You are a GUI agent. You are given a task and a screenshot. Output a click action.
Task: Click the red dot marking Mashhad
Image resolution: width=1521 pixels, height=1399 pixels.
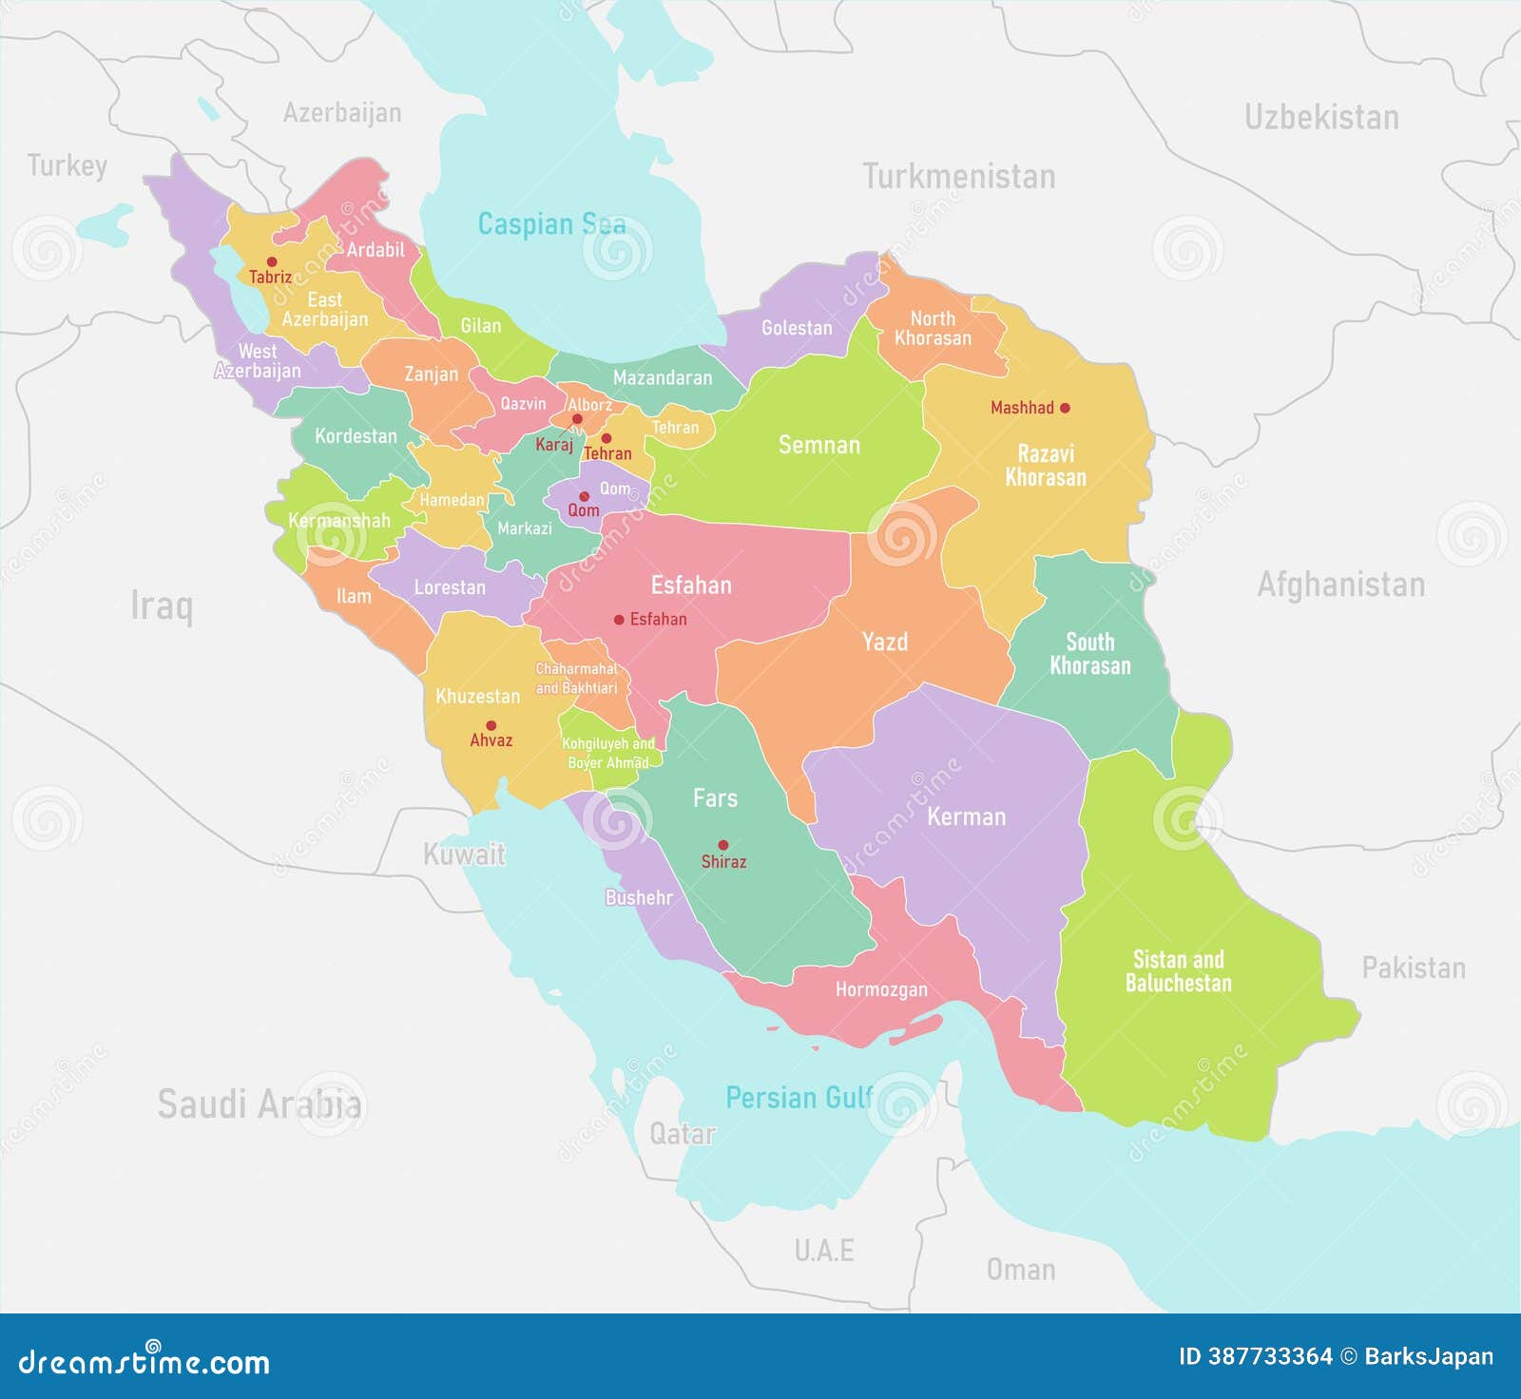(x=1065, y=408)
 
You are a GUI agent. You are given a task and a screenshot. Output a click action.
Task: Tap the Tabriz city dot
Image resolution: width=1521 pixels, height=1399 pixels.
(x=272, y=261)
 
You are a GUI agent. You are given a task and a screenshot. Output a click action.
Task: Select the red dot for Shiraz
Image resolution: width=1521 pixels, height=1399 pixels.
(x=723, y=844)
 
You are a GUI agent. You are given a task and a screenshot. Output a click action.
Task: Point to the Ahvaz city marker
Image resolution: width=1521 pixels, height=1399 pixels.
(x=491, y=725)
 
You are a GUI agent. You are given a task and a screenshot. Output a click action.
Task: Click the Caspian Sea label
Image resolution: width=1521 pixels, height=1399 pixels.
(x=551, y=224)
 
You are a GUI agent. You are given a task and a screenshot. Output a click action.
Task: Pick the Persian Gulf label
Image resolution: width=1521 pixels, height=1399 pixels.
(x=799, y=1098)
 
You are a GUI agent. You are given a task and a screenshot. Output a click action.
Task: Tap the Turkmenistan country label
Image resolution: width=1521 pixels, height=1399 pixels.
(x=958, y=177)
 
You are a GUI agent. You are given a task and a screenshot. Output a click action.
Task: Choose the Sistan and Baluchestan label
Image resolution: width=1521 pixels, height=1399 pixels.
(x=1178, y=971)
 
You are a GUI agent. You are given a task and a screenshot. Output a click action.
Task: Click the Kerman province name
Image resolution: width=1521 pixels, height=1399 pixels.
(x=966, y=816)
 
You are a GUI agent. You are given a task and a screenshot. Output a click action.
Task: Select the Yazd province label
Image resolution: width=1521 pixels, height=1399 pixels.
(x=884, y=642)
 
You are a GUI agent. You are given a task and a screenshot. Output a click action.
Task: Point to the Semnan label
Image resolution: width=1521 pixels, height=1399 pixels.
(x=818, y=445)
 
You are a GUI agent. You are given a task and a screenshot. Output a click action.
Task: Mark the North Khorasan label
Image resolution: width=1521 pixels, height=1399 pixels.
(x=933, y=329)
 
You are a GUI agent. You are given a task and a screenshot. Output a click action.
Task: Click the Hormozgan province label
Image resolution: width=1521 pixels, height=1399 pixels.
(x=881, y=989)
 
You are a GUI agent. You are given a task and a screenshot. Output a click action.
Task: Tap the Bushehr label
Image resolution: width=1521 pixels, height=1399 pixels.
(x=639, y=897)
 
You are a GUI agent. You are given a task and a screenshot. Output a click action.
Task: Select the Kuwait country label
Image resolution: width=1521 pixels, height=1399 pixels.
(x=464, y=854)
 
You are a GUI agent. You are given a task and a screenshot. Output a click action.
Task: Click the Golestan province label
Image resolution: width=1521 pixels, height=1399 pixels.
(x=797, y=328)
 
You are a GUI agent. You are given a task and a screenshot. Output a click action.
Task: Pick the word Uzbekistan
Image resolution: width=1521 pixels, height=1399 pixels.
(x=1321, y=118)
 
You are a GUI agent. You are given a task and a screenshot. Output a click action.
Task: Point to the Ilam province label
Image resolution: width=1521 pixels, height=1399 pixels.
(x=354, y=596)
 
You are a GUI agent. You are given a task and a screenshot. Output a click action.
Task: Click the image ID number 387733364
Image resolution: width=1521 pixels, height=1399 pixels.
(x=1269, y=1356)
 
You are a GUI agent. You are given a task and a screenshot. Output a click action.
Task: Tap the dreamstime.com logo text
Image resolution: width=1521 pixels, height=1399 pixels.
(x=144, y=1361)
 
